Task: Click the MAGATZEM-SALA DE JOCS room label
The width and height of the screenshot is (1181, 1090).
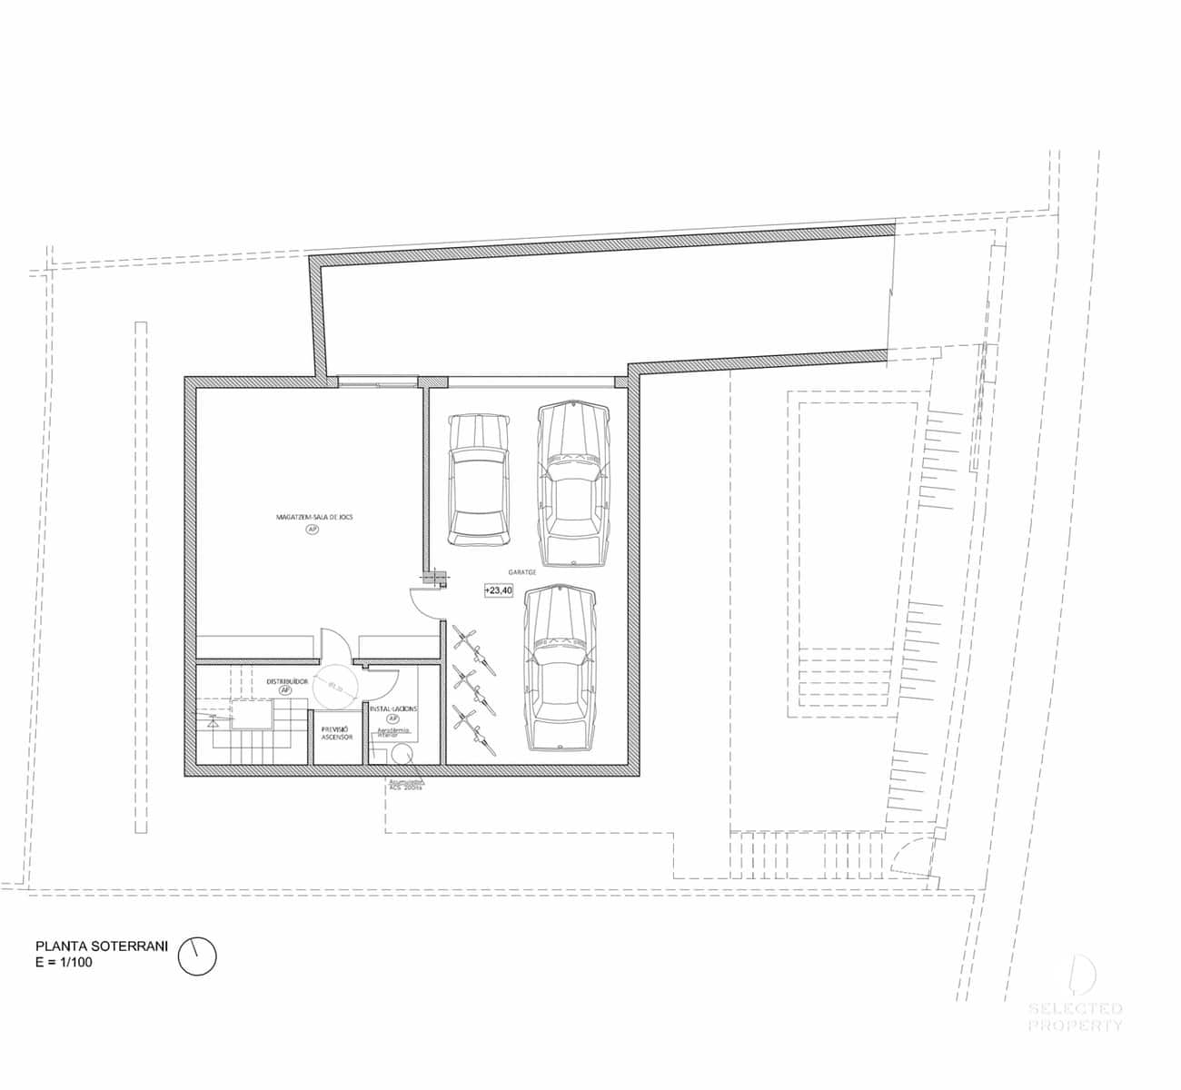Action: pyautogui.click(x=314, y=516)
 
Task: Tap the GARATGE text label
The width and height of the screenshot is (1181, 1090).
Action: pyautogui.click(x=522, y=572)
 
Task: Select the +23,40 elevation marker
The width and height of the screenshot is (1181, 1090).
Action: pyautogui.click(x=499, y=590)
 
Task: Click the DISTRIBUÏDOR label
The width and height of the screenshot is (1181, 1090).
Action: pyautogui.click(x=287, y=680)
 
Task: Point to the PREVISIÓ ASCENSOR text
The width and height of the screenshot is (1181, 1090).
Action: pyautogui.click(x=337, y=732)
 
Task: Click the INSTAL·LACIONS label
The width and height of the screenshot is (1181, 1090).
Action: pyautogui.click(x=393, y=708)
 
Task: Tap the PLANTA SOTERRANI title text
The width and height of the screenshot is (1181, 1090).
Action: pyautogui.click(x=102, y=946)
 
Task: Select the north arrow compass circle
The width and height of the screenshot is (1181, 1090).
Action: pyautogui.click(x=197, y=956)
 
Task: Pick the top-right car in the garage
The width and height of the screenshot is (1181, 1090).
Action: pyautogui.click(x=572, y=483)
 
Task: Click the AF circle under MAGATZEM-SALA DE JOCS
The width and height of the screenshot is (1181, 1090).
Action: pyautogui.click(x=313, y=529)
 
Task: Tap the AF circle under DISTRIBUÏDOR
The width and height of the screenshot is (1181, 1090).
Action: pyautogui.click(x=285, y=690)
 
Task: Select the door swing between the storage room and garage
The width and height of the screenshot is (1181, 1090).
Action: pyautogui.click(x=425, y=602)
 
